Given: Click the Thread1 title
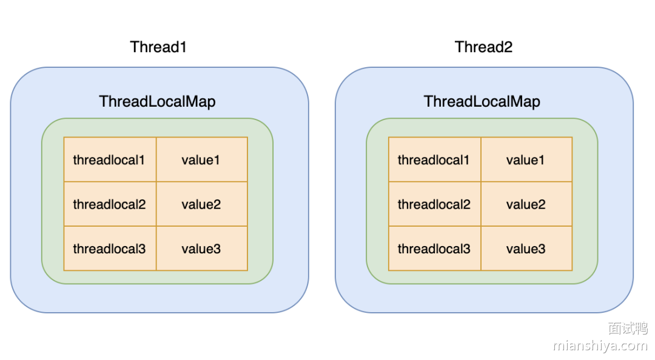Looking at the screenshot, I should click(158, 47).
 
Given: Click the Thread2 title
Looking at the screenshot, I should click(483, 47).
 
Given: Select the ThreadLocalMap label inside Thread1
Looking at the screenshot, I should click(157, 101).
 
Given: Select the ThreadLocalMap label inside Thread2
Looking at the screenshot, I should click(482, 101).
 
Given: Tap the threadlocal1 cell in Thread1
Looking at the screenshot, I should click(110, 160).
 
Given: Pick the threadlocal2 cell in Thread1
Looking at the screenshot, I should click(110, 204).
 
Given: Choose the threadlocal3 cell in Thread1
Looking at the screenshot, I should click(110, 248).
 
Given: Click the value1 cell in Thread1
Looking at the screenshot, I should click(202, 160).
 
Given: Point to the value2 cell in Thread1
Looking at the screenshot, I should click(202, 204).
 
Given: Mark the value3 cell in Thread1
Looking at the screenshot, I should click(202, 248).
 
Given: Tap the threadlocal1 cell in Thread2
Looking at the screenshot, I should click(435, 160).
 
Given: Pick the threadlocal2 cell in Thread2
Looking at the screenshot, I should click(435, 204).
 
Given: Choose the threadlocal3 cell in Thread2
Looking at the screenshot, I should click(435, 248).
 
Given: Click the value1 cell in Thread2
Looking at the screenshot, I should click(526, 160).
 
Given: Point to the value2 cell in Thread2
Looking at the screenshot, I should click(526, 204).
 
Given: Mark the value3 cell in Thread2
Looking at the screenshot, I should click(526, 248).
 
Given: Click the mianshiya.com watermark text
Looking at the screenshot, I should click(600, 346).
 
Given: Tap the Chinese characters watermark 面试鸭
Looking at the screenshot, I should click(628, 328).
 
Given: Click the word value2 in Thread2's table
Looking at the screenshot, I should click(526, 204).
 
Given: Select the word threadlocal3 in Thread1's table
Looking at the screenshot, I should click(109, 248).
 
